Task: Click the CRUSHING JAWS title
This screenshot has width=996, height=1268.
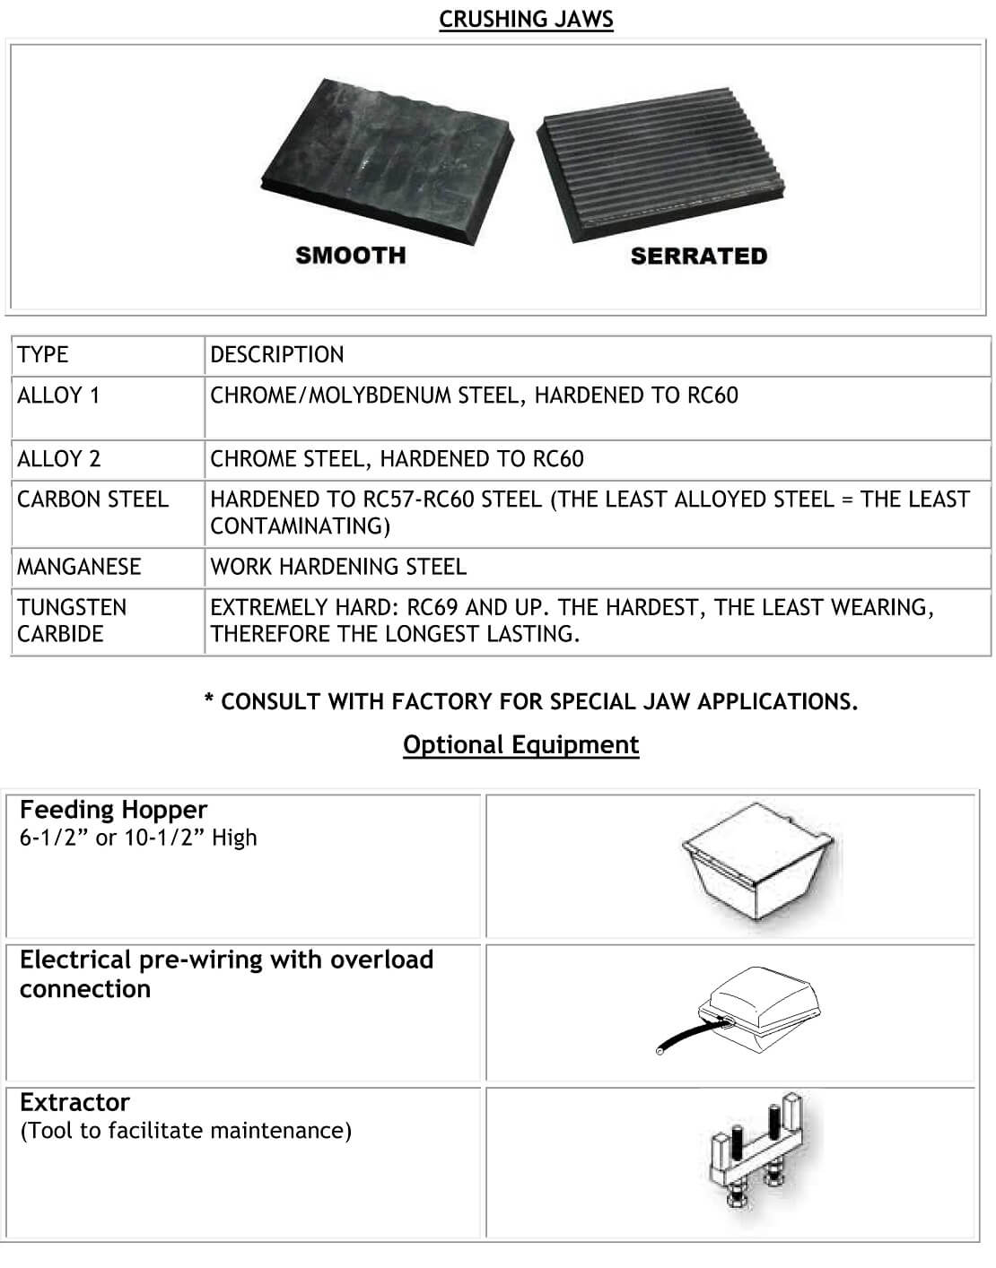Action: (x=526, y=19)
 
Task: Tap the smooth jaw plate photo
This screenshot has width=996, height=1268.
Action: (x=387, y=158)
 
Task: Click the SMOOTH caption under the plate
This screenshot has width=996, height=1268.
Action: (x=351, y=256)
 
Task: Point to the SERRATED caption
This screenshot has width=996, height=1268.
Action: (x=698, y=256)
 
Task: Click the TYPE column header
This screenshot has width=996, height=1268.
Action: (x=42, y=354)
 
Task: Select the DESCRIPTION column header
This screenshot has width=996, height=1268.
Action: (x=276, y=354)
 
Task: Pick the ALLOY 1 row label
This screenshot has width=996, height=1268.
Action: (x=58, y=395)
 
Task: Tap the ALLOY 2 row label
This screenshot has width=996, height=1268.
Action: (x=58, y=459)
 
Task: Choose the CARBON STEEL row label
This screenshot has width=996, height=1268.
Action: (x=92, y=499)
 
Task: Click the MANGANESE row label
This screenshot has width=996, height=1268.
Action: (x=79, y=567)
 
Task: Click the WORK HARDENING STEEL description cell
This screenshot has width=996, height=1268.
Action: (x=338, y=567)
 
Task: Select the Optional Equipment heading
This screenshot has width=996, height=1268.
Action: (x=520, y=745)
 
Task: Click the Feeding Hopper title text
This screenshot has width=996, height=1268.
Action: (x=113, y=810)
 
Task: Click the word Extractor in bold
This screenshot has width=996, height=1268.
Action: (x=74, y=1102)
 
